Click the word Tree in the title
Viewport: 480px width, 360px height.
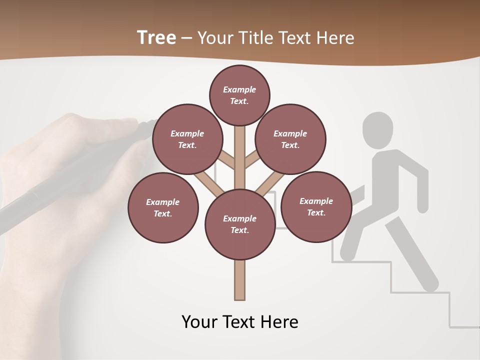coord(156,37)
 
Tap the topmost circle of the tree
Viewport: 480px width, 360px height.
coord(239,95)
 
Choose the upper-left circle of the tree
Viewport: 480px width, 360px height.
coord(187,139)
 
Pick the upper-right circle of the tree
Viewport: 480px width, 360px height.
coord(290,139)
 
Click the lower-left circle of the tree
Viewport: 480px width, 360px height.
coord(163,207)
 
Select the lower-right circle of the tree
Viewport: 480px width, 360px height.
coord(316,206)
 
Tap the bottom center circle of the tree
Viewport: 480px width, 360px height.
coord(240,224)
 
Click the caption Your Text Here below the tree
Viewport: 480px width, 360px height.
coord(240,321)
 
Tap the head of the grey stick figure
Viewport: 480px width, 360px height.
coord(377,129)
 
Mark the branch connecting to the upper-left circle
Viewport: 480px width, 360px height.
coord(225,160)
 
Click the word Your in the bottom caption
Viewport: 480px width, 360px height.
coord(198,321)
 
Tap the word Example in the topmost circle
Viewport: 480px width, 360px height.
coord(239,89)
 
